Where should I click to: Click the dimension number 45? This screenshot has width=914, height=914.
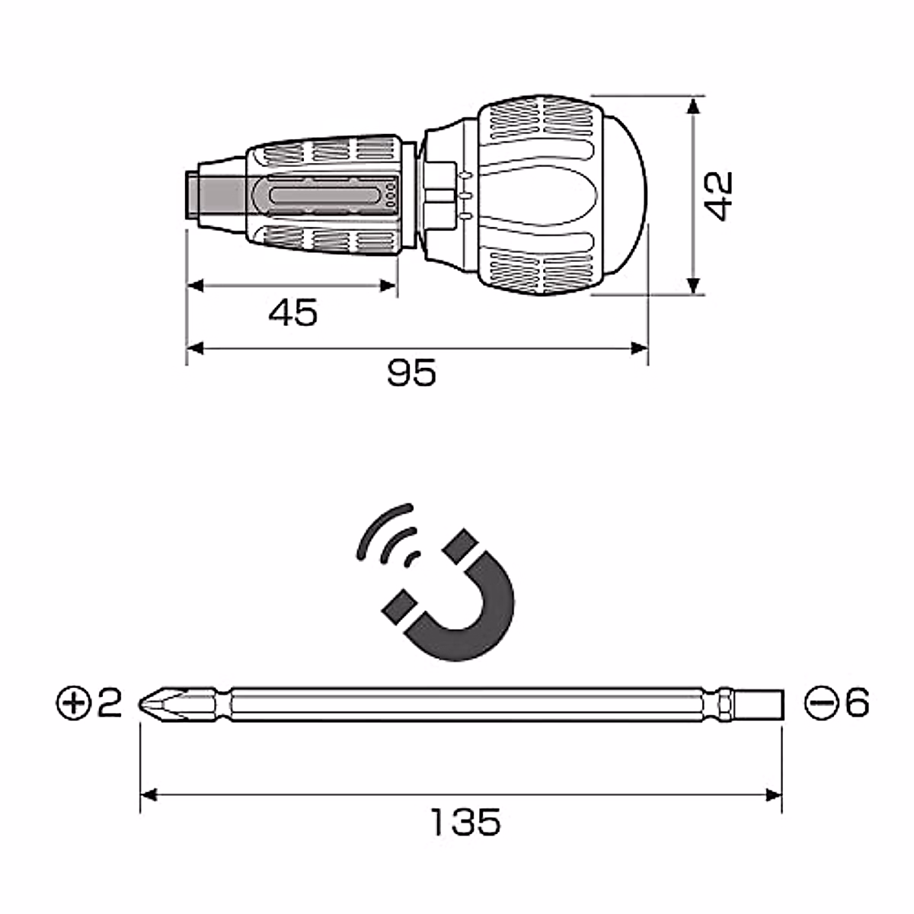[292, 312]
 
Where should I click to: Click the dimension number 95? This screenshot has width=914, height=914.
[411, 372]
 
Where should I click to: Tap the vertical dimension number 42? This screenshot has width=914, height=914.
[718, 196]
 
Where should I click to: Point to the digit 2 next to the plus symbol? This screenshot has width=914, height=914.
[110, 703]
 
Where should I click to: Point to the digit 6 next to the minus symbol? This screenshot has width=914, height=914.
[857, 702]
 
